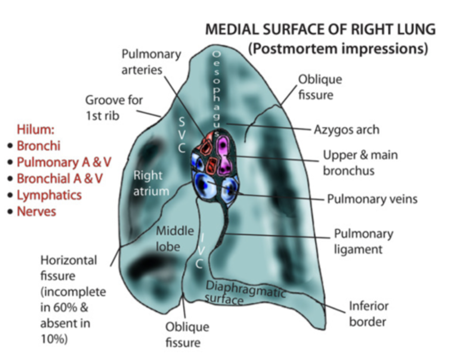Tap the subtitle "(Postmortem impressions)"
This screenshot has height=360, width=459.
click(x=338, y=48)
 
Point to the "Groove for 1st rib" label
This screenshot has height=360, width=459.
click(x=114, y=108)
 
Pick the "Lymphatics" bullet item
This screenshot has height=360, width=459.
click(x=49, y=195)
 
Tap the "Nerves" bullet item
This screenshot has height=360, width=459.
click(x=36, y=211)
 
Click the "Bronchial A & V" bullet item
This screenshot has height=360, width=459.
click(x=60, y=178)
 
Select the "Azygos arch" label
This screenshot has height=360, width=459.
click(x=346, y=129)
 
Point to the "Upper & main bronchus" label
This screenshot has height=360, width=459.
click(x=360, y=162)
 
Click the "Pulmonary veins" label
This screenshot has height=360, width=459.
click(x=372, y=199)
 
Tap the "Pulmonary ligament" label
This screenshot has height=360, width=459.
click(x=363, y=241)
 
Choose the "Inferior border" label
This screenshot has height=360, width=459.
click(x=369, y=313)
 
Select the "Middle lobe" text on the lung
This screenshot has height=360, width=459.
click(x=174, y=238)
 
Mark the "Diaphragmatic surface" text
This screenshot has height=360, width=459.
click(x=245, y=292)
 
